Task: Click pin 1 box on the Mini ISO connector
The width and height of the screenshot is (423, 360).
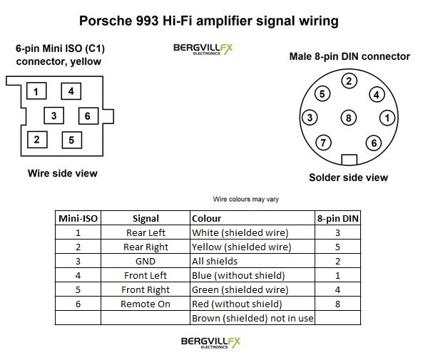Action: [36, 91]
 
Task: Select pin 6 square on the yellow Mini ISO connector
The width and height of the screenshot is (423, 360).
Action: [88, 116]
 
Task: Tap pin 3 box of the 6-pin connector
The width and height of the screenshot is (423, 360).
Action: [54, 115]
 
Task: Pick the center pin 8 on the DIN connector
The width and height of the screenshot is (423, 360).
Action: [349, 118]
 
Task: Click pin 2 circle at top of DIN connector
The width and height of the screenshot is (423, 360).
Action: [349, 81]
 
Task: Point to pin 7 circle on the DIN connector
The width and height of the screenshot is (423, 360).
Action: [323, 143]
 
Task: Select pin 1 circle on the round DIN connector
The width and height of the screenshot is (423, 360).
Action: [387, 118]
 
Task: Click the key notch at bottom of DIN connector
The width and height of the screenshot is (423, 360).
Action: [349, 160]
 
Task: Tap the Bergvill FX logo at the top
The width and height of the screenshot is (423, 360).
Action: [203, 49]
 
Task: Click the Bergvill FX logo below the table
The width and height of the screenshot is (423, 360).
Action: [210, 342]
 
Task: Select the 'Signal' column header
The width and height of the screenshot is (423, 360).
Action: [146, 218]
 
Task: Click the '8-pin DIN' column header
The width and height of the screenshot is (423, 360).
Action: [337, 218]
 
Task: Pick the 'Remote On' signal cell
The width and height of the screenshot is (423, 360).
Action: [146, 304]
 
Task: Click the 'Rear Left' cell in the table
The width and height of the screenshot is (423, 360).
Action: [146, 232]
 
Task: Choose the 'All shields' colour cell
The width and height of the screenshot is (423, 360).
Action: [215, 262]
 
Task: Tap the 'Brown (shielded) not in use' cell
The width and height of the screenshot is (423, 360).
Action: [253, 318]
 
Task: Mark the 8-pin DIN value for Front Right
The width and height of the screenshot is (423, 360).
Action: [337, 290]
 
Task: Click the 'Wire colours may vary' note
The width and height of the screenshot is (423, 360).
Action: [246, 200]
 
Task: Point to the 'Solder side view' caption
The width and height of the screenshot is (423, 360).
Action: [349, 178]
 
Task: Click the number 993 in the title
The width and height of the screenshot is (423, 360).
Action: [147, 21]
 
